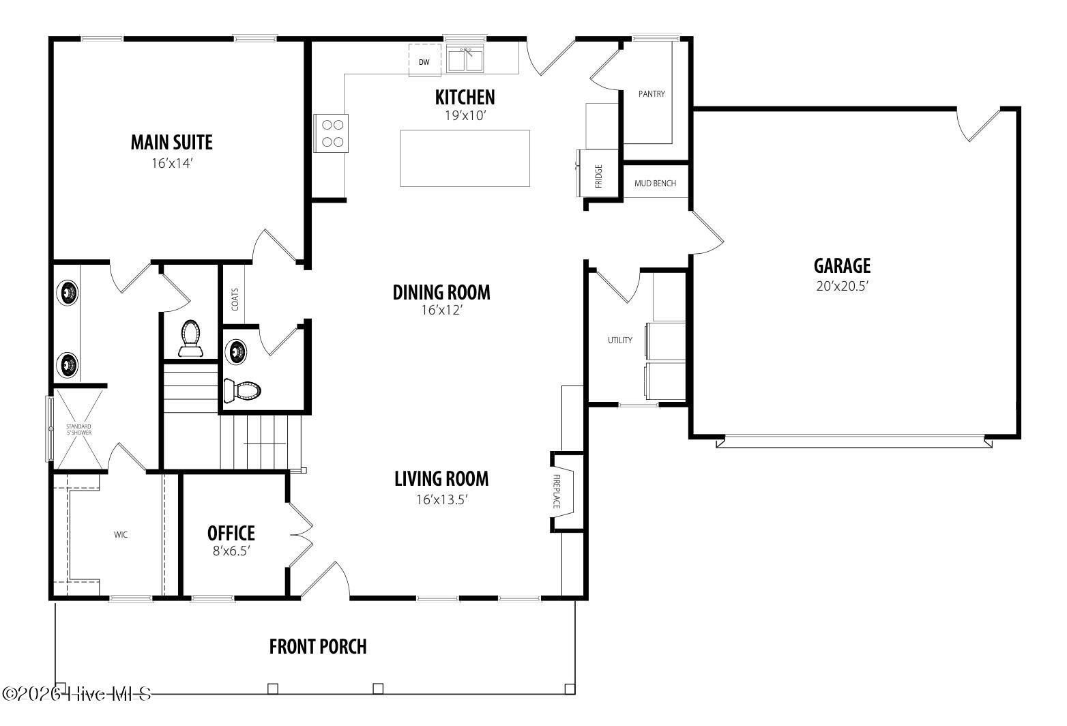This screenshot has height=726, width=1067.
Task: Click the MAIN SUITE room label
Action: (171, 143)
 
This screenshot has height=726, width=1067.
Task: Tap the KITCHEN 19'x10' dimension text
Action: (465, 115)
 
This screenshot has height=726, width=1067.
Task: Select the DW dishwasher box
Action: (424, 61)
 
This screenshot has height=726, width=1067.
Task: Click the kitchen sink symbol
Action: (467, 59)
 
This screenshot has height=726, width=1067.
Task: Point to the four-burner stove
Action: (332, 133)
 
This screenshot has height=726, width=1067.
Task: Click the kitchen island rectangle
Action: (465, 158)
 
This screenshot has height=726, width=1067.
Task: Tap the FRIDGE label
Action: (598, 176)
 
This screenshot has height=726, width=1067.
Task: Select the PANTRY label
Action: (652, 94)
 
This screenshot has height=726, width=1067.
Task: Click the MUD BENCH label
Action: (655, 184)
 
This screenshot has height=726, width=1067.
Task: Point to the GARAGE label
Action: (842, 265)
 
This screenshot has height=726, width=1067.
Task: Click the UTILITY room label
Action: (620, 340)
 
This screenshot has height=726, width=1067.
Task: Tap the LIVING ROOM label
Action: (441, 479)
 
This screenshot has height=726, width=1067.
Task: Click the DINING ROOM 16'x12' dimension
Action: (441, 310)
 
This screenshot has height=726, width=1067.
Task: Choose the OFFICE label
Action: (231, 533)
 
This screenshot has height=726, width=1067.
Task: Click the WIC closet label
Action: (121, 534)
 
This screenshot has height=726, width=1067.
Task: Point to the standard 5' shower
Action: (79, 429)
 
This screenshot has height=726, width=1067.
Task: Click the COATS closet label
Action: (235, 299)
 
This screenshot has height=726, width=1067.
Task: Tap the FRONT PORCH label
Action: (318, 646)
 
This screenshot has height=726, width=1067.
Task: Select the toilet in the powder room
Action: (243, 391)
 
